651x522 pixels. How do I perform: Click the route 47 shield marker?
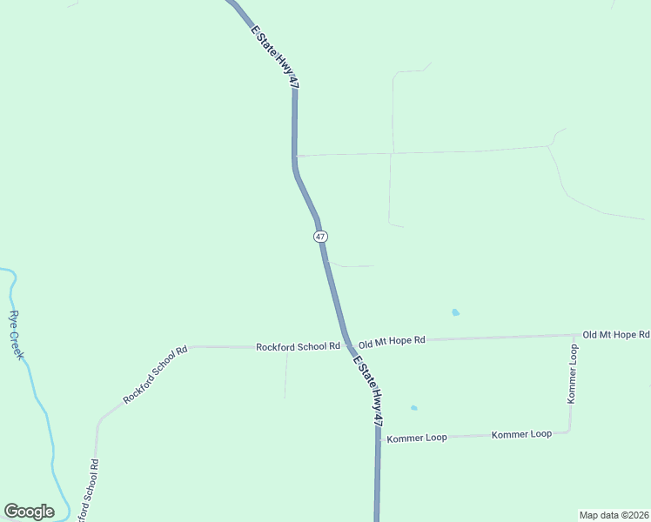pyautogui.click(x=321, y=237)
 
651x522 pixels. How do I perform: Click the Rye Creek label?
pyautogui.click(x=18, y=337)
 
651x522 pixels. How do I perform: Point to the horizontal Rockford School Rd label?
pyautogui.click(x=298, y=346)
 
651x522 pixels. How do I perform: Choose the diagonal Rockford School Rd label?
pyautogui.click(x=155, y=375)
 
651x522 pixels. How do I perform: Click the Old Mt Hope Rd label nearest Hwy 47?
pyautogui.click(x=392, y=340)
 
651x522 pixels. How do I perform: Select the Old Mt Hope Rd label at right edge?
pyautogui.click(x=615, y=334)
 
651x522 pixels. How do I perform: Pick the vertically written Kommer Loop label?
pyautogui.click(x=572, y=373)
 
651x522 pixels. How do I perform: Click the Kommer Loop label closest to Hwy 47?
pyautogui.click(x=417, y=438)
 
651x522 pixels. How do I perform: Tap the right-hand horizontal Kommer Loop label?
pyautogui.click(x=521, y=434)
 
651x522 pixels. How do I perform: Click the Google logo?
pyautogui.click(x=29, y=512)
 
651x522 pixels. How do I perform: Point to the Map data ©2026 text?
pyautogui.click(x=614, y=514)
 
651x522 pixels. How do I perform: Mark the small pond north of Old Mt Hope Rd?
pyautogui.click(x=455, y=312)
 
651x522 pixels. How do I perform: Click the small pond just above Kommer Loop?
pyautogui.click(x=414, y=407)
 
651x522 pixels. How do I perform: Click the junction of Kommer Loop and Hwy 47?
pyautogui.click(x=379, y=438)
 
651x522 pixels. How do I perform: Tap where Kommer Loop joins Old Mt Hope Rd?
pyautogui.click(x=574, y=335)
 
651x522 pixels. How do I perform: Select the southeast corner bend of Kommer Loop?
pyautogui.click(x=569, y=432)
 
